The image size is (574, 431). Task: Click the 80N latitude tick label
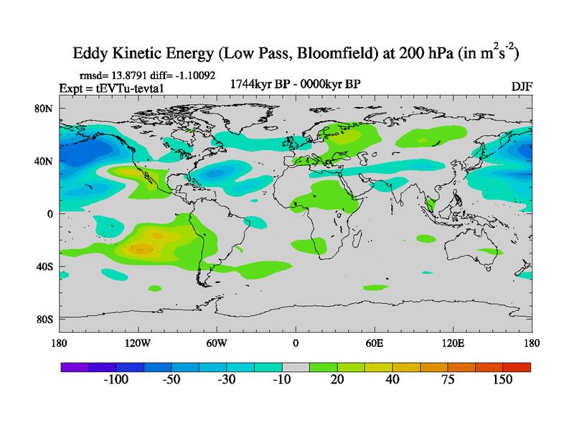44,108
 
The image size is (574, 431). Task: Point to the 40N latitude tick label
44,161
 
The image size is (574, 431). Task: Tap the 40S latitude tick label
44,267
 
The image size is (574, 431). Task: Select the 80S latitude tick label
44,319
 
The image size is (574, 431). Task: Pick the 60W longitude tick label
216,343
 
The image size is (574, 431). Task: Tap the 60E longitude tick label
374,343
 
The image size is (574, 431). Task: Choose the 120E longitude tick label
453,343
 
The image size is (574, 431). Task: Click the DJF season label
522,86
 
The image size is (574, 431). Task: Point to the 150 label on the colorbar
502,379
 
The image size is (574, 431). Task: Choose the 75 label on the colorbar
447,379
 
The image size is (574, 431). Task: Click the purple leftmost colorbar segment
74,366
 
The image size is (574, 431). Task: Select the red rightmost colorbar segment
517,366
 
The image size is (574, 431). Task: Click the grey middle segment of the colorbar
295,366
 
